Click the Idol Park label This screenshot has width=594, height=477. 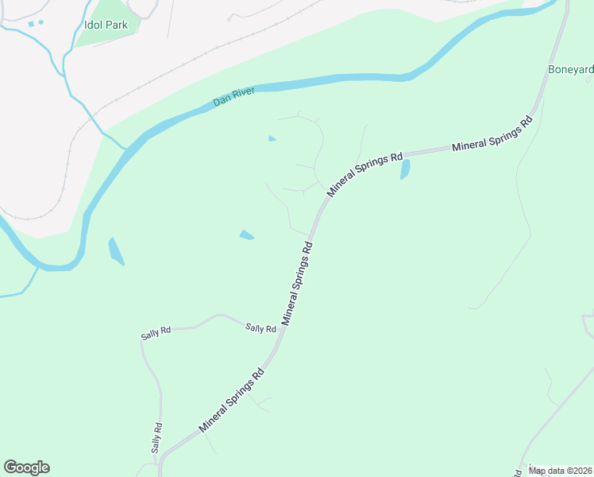[106, 25]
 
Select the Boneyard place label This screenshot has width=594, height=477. [570, 70]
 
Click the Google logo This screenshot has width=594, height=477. [26, 467]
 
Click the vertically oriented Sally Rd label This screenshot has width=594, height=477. [157, 437]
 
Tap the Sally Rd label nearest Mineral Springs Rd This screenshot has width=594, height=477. [260, 328]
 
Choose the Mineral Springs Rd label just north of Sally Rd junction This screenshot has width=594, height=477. [299, 283]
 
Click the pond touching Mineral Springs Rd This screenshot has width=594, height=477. [405, 169]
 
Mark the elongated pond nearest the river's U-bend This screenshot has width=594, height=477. [116, 251]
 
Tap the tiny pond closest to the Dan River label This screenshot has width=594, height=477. [272, 139]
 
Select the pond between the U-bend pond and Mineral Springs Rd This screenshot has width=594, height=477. [247, 235]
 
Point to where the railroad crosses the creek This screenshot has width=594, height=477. [89, 111]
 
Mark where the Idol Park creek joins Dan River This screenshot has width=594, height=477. [125, 148]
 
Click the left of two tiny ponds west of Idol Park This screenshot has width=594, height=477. [31, 24]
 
